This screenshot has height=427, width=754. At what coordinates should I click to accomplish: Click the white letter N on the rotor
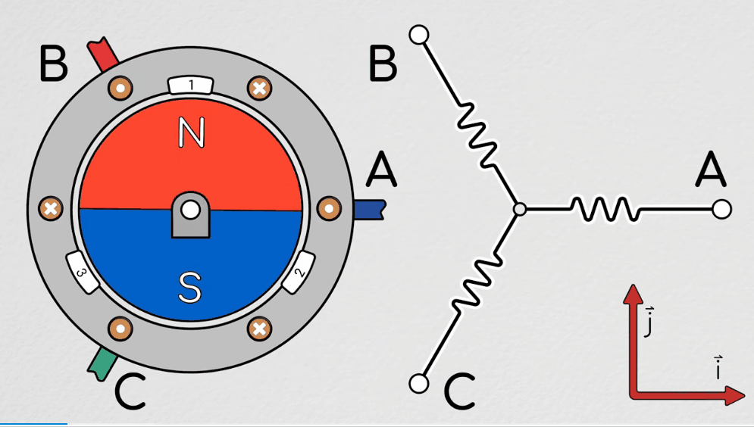(192, 133)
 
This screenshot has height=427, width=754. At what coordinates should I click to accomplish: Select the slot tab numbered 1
(191, 84)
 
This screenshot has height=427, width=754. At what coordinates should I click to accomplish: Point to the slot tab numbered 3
(84, 273)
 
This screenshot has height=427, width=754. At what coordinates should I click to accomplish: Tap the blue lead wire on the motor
(371, 209)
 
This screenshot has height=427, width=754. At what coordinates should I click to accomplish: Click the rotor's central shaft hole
(190, 207)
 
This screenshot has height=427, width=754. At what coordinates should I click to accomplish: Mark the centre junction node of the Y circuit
(519, 208)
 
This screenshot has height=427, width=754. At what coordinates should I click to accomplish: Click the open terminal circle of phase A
(721, 208)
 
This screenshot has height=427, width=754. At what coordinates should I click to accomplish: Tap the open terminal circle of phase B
(418, 34)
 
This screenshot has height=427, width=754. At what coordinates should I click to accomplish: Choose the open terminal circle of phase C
(418, 383)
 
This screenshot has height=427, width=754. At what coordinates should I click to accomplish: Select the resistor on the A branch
(602, 208)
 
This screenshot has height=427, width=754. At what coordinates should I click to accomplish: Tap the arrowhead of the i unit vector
(735, 395)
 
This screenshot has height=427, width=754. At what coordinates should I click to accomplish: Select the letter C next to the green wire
(130, 391)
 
